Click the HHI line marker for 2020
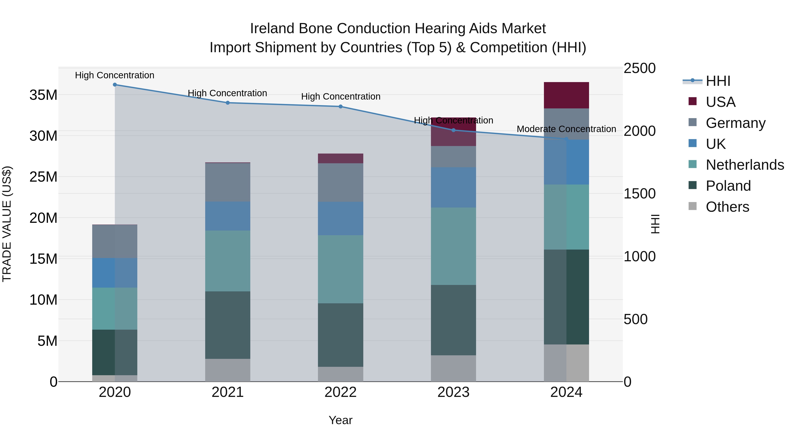coord(115,85)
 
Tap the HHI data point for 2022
coord(341,107)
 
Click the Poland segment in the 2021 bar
coord(228,325)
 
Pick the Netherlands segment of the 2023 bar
coord(453,246)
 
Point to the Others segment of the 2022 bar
coord(341,374)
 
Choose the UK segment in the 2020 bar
coord(115,273)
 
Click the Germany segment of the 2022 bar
coord(341,183)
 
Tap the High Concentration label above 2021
coord(228,93)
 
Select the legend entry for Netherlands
coord(745,165)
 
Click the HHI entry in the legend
coord(718,81)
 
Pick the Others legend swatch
coord(693,206)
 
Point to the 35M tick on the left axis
coord(43,95)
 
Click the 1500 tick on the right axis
coord(639,194)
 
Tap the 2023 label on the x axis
coord(453,392)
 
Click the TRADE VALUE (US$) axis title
coord(7,224)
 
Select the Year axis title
coord(341,420)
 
